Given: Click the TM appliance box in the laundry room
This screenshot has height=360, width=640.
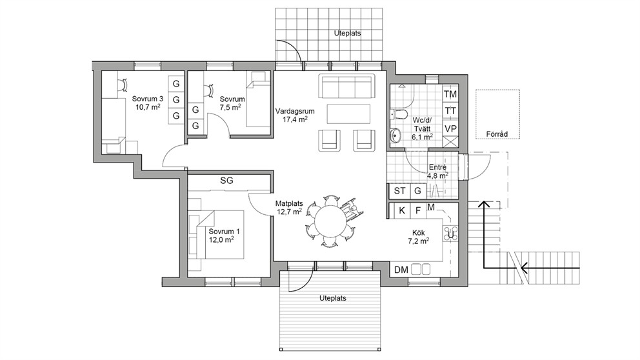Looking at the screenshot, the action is click(450, 94).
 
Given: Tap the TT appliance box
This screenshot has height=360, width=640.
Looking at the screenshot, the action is click(450, 111).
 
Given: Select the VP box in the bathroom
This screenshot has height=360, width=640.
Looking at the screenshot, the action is click(450, 128).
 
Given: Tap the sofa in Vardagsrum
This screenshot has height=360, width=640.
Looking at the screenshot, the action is click(346, 86).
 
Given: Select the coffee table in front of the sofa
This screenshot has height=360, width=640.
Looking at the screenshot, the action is click(348, 114).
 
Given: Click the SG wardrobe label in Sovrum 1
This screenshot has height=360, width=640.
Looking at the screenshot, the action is click(226, 181).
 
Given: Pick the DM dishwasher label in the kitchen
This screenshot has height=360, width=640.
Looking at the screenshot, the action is click(401, 270).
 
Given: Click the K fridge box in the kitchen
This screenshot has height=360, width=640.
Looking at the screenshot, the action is click(402, 210).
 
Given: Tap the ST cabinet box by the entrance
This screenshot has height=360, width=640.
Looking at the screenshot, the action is click(399, 190).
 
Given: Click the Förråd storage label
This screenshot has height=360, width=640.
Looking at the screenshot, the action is click(497, 134).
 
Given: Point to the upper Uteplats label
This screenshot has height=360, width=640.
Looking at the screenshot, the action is click(347, 33).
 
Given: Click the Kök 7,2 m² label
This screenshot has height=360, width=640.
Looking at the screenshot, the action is click(418, 237).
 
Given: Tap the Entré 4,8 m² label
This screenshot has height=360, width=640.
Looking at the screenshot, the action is click(437, 172).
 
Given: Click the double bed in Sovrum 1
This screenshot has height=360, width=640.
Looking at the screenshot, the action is click(220, 234).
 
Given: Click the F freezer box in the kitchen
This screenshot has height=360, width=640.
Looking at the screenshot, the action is click(418, 210).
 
